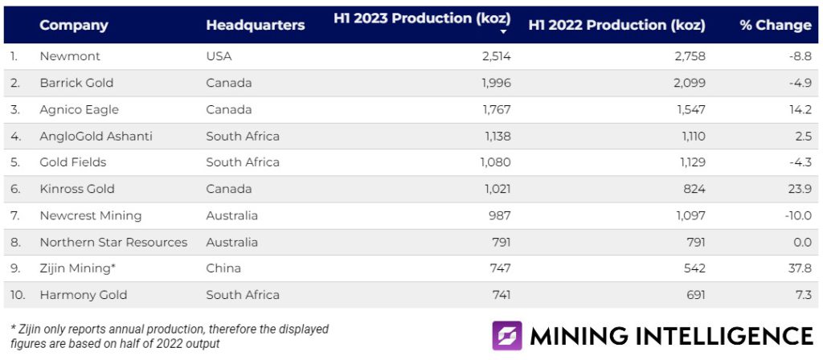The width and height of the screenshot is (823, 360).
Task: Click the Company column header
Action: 73,25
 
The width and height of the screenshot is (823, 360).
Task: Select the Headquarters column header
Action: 255,25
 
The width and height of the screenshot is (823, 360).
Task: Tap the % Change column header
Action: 775,25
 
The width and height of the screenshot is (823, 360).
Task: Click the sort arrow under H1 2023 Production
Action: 503,32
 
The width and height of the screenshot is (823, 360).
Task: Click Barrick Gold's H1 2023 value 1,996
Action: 495,83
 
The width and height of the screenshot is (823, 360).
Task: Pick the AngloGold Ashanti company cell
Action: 96,136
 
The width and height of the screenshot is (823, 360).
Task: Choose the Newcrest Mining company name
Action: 90,215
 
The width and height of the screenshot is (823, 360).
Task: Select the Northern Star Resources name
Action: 113,242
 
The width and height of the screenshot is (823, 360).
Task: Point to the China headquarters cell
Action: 223,268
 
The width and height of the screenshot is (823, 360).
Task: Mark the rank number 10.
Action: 17,295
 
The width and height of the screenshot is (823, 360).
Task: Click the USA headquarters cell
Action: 219,56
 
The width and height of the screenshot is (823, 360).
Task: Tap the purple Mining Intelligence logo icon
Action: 507,336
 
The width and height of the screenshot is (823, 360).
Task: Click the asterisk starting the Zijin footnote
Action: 13,329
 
